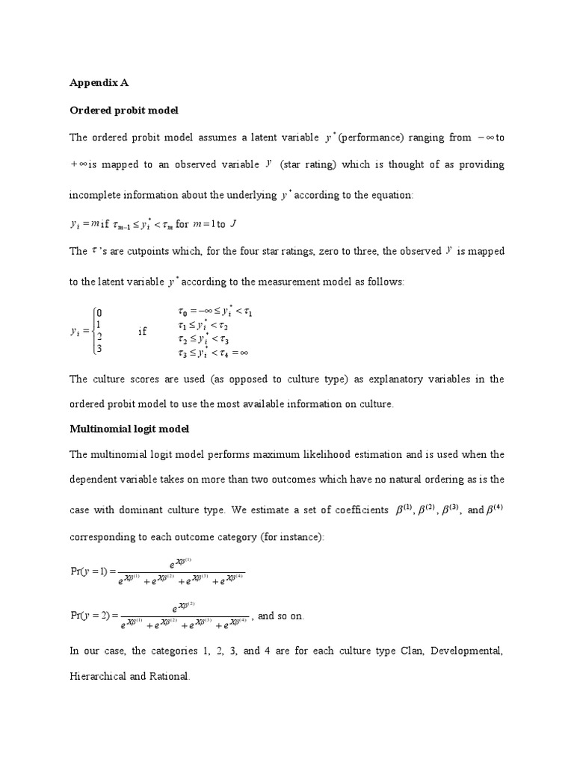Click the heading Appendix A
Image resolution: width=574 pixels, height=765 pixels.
[x=99, y=83]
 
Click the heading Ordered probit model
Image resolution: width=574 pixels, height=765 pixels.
[x=124, y=111]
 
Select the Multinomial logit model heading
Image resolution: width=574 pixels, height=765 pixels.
[x=129, y=429]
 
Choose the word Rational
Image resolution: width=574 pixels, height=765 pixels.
[x=170, y=676]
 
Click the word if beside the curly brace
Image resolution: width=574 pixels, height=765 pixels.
[x=143, y=331]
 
